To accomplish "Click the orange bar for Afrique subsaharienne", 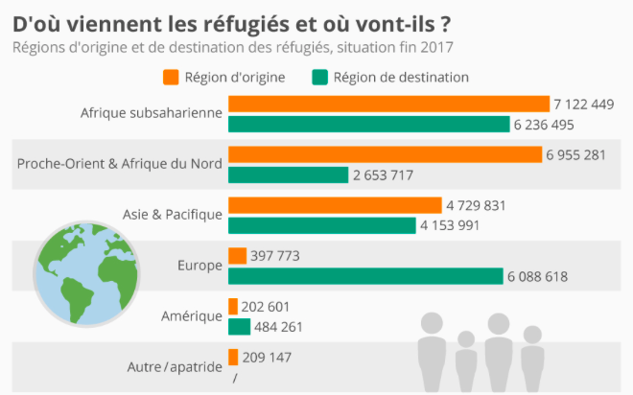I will point(388,104).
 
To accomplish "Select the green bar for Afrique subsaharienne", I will point(369,124).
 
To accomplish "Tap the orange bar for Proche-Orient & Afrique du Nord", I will point(385,154).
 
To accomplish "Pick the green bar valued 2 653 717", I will point(288,174).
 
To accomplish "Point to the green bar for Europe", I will point(365,276).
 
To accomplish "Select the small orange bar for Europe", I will point(238,256).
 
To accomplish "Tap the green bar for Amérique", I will point(240,327).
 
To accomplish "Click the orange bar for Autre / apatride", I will point(233,358).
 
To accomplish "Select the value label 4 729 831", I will point(475,205).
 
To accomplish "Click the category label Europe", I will point(200,266).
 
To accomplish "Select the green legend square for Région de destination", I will point(319,77).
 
